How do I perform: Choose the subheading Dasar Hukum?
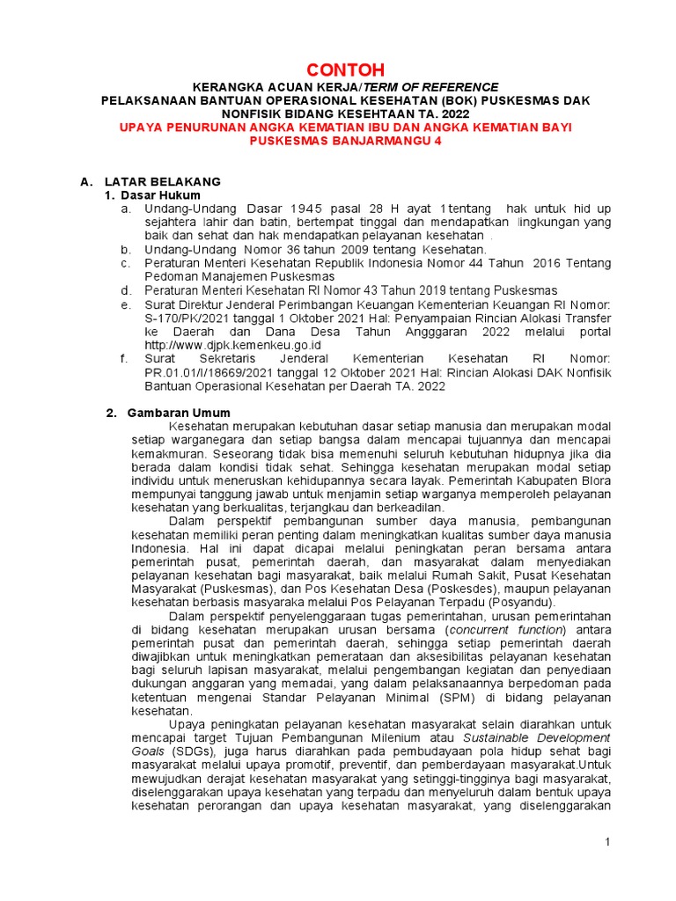coord(160,194)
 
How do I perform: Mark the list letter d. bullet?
coord(127,290)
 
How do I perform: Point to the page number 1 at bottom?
coord(607,843)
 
